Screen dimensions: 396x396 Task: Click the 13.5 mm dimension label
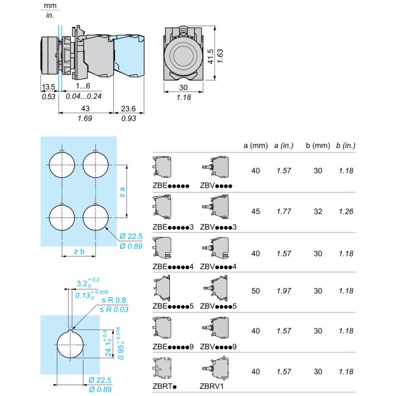point(48,87)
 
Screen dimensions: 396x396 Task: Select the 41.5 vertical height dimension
point(210,57)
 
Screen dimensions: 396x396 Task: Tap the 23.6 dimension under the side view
point(129,108)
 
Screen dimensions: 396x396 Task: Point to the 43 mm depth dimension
point(85,108)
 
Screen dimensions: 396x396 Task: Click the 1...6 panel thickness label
point(83,86)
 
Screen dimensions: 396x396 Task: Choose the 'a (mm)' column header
point(256,146)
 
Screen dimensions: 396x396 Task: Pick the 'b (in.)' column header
point(346,146)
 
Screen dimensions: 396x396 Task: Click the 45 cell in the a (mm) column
point(256,211)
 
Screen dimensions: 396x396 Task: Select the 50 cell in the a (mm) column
point(256,291)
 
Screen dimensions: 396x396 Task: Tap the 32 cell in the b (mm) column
point(318,211)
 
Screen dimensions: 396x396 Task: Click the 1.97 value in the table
point(284,291)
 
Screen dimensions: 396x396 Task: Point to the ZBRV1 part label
point(211,386)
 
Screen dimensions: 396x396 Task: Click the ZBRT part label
point(164,386)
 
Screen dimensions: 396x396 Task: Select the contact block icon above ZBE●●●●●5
point(161,288)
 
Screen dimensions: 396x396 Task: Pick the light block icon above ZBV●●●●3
point(216,207)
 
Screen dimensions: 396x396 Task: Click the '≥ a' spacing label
point(122,193)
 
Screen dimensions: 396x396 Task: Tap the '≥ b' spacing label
point(79,251)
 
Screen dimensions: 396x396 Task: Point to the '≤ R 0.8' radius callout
point(114,300)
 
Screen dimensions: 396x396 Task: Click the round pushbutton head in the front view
point(183,54)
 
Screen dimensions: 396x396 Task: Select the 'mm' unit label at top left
point(50,5)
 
